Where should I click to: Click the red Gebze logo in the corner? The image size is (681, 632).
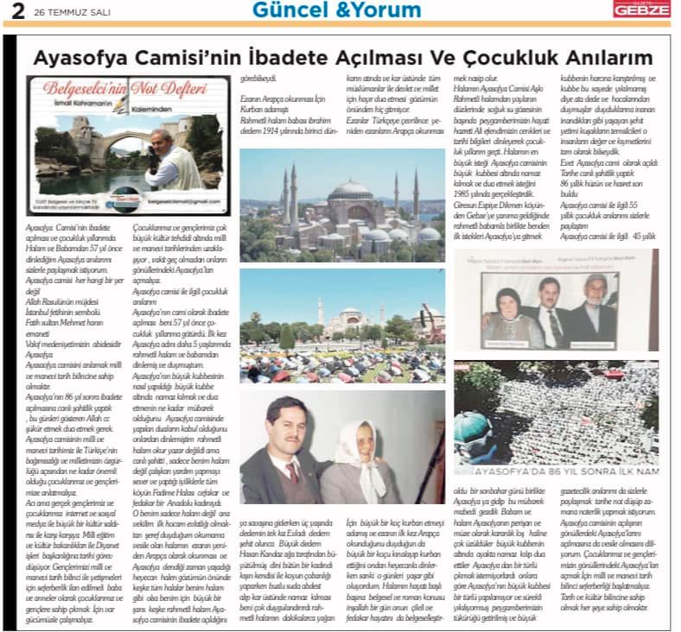pyautogui.click(x=640, y=9)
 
